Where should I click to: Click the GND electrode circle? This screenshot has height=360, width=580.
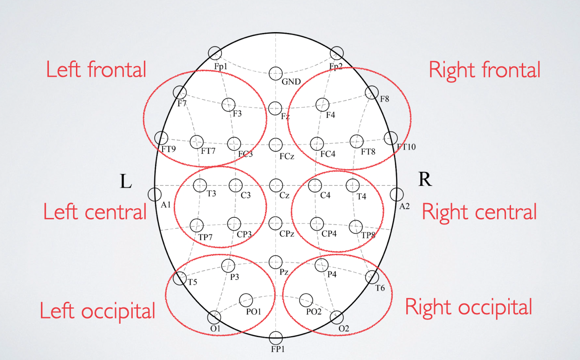coord(275,73)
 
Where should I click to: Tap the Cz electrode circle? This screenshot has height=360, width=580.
coord(276,185)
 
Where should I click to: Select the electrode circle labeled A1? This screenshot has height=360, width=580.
coord(154,194)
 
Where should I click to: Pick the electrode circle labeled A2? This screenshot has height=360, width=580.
coord(396,194)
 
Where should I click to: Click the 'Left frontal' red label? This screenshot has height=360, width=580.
coord(96,69)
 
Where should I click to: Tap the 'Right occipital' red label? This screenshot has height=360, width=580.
coord(468,307)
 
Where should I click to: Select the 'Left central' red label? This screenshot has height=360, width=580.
coord(95,212)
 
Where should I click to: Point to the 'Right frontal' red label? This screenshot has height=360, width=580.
coord(484,70)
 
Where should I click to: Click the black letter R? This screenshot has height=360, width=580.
coord(424,180)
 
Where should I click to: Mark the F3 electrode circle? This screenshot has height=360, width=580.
coord(228,104)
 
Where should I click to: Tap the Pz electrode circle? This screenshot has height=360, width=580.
coord(275,261)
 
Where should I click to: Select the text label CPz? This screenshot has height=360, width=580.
coord(287,233)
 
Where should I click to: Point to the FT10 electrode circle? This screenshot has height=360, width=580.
coord(390,138)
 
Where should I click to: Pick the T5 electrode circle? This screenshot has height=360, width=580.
coord(179,278)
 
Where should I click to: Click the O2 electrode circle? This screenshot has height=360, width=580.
coord(336,317)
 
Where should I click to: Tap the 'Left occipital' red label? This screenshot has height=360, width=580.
coord(97,311)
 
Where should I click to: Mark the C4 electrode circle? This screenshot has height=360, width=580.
coord(315,185)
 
